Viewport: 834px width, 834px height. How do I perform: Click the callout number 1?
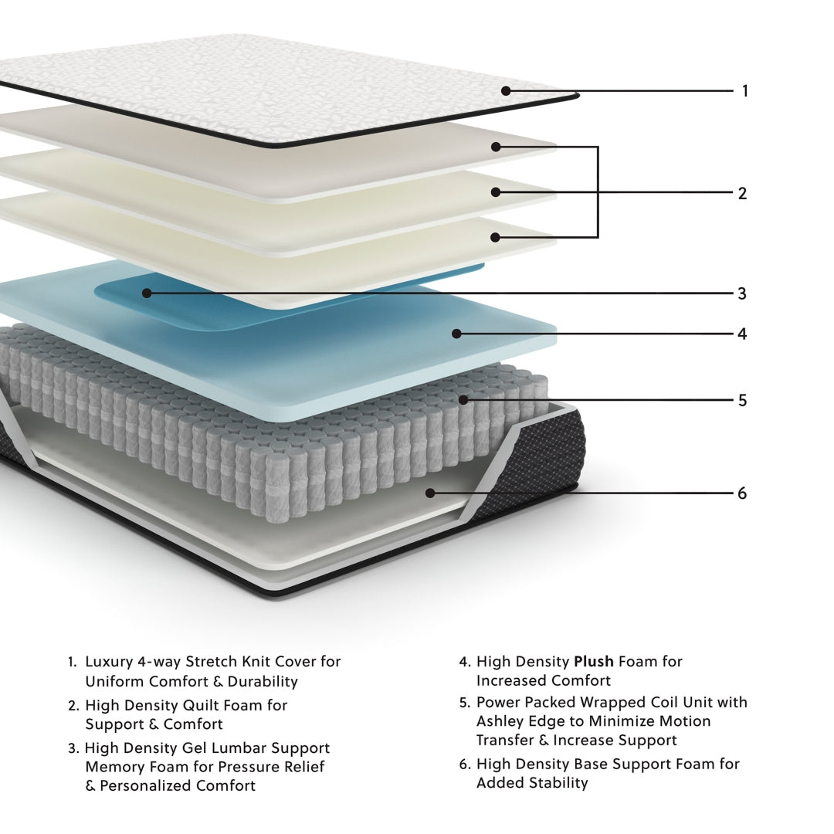[744, 91]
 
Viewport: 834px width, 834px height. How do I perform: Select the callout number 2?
[742, 193]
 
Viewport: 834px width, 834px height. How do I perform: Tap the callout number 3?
[742, 293]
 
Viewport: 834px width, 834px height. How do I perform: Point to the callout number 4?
[742, 334]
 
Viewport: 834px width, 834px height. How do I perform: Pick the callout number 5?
[742, 401]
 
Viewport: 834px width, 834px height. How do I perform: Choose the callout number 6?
[742, 493]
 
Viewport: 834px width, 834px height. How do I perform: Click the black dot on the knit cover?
[506, 90]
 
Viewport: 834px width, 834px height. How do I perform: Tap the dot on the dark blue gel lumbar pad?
[146, 293]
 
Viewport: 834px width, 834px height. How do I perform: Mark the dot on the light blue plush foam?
[456, 334]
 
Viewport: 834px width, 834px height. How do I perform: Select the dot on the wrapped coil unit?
[463, 400]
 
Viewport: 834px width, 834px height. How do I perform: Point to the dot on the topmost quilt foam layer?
[496, 147]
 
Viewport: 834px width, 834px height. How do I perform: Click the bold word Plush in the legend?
[593, 662]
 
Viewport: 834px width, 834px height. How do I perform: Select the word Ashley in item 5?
[500, 721]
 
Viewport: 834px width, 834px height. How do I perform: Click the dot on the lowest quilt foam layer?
[495, 237]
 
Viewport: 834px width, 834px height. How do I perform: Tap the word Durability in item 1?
[259, 682]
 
